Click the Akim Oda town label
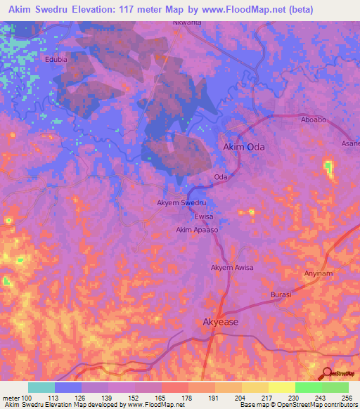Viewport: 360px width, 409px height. click(x=245, y=147)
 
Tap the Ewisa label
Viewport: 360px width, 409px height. click(x=204, y=216)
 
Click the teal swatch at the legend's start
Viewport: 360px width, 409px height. click(x=41, y=387)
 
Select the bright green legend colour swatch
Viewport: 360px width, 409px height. click(x=335, y=387)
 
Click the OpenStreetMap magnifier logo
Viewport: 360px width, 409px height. click(x=326, y=372)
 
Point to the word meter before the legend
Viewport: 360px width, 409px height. click(x=12, y=398)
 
